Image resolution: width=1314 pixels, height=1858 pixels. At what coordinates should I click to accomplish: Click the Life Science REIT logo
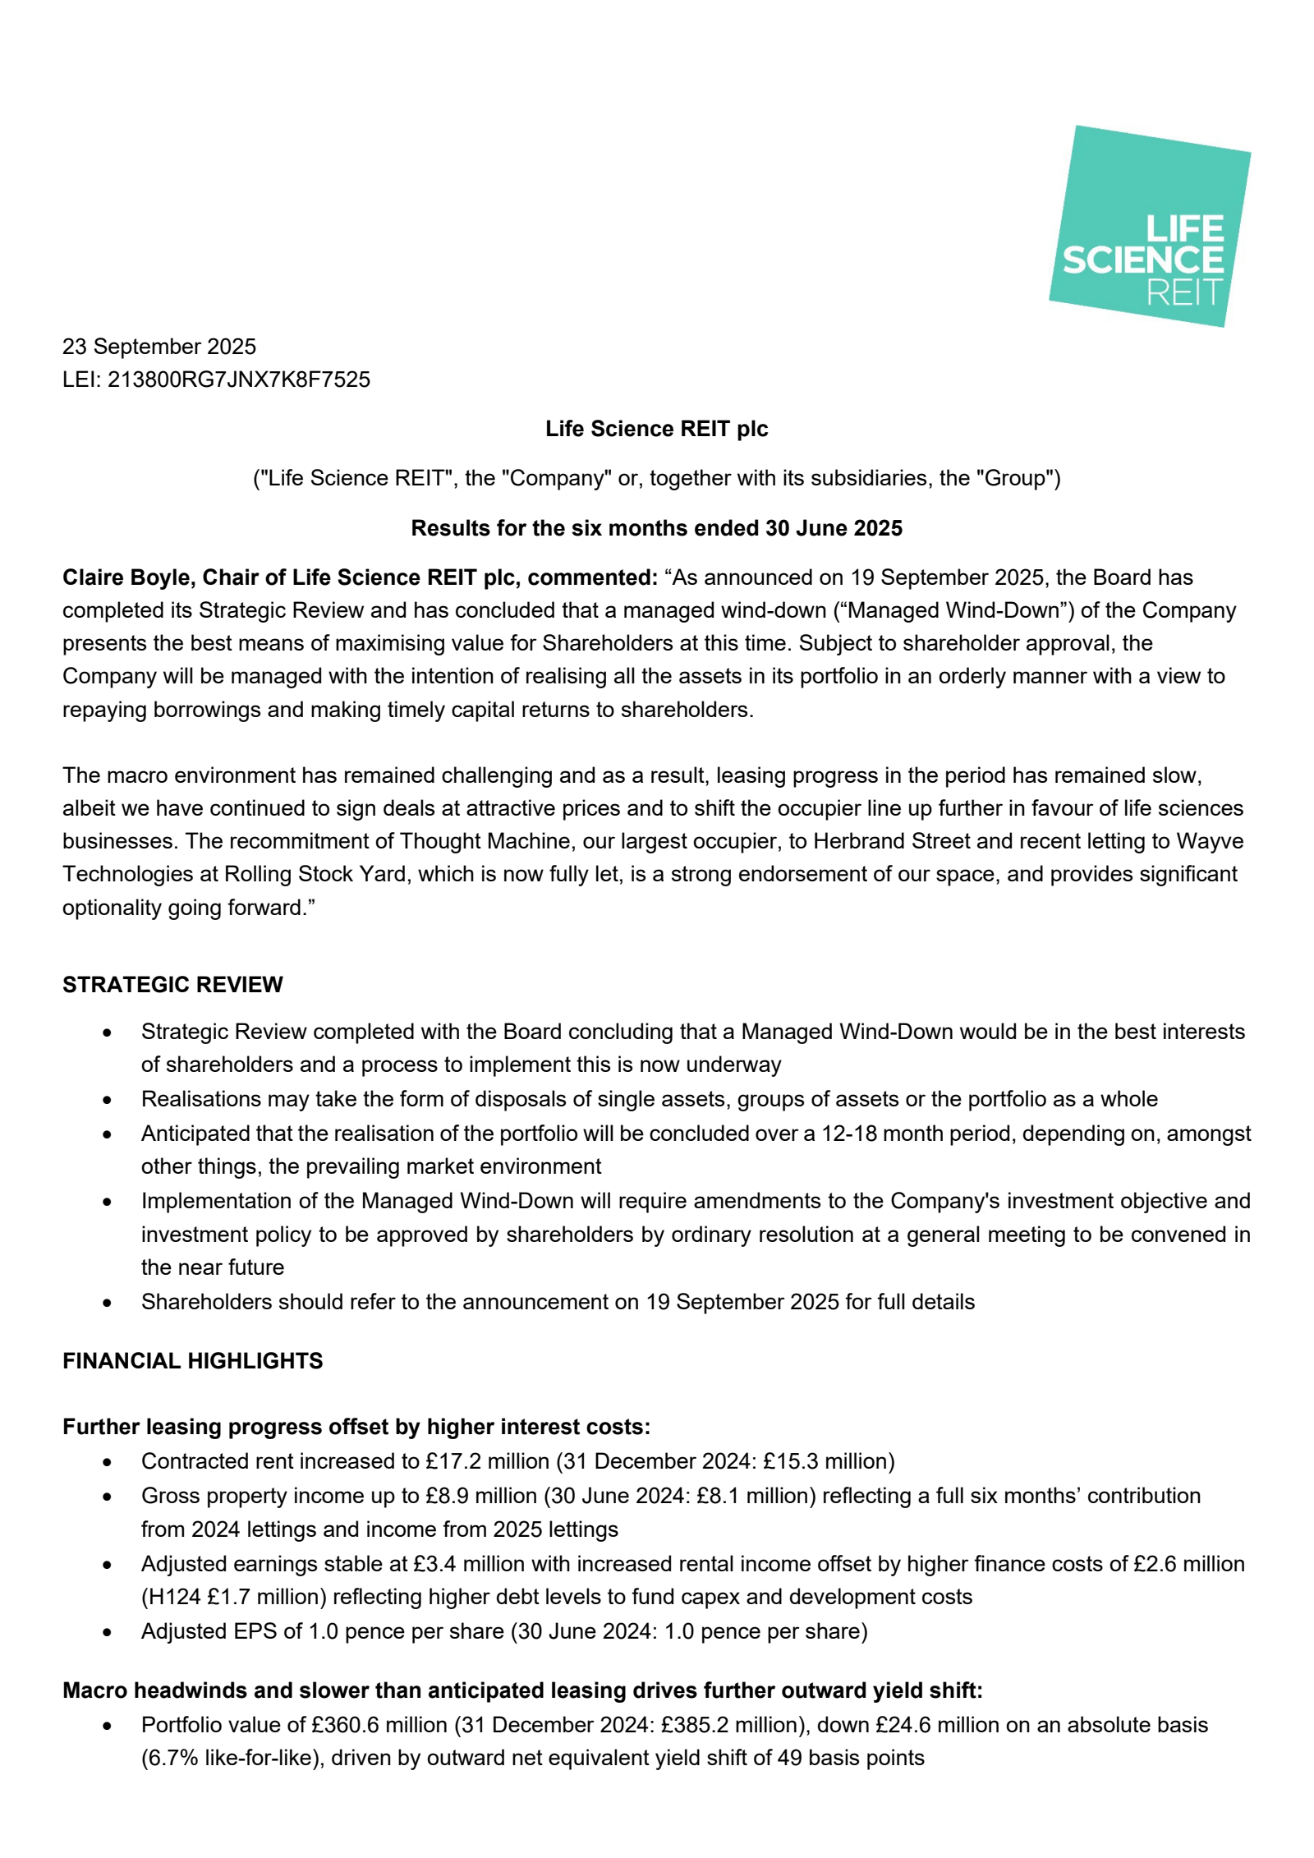click(x=1149, y=226)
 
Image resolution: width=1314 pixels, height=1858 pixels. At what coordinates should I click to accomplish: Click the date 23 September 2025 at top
click(x=159, y=347)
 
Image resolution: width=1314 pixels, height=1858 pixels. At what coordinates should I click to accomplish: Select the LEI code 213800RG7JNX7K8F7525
click(x=238, y=379)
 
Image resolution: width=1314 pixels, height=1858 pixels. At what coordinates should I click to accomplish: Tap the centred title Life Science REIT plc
click(x=656, y=429)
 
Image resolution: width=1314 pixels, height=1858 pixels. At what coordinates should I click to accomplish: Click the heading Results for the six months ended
click(x=656, y=528)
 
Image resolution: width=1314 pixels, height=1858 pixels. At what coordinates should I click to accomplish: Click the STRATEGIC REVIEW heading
click(x=172, y=984)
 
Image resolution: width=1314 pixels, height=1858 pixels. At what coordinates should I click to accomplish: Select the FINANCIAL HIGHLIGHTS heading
click(x=192, y=1361)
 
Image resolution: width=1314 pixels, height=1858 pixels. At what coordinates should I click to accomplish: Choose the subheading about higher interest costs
click(x=356, y=1427)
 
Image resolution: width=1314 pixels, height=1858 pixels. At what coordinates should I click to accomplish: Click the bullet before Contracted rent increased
click(x=107, y=1462)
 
